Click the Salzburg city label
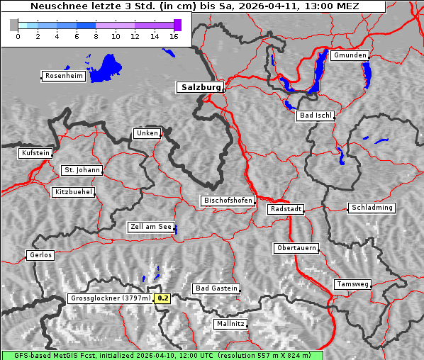(200, 87)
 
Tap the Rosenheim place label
(63, 76)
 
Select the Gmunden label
(350, 55)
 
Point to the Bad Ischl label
(316, 116)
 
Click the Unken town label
(146, 133)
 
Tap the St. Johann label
(82, 170)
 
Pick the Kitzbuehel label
(73, 192)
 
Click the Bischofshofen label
(228, 201)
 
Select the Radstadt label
(286, 209)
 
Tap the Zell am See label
(151, 227)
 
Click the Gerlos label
(40, 255)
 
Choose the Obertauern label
(296, 248)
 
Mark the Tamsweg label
(352, 284)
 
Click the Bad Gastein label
(216, 288)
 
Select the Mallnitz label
(230, 324)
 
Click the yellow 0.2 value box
(163, 298)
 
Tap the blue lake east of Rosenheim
(107, 68)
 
